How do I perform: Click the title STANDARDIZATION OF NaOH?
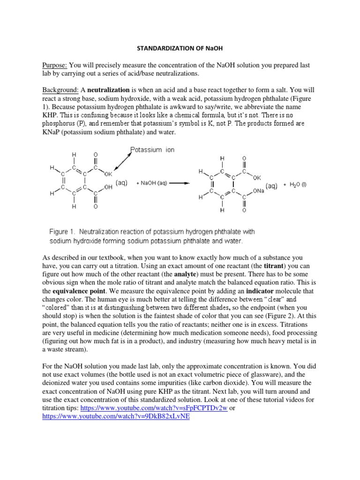click(180, 48)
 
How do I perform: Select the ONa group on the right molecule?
click(259, 191)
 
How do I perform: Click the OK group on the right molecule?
click(256, 178)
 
